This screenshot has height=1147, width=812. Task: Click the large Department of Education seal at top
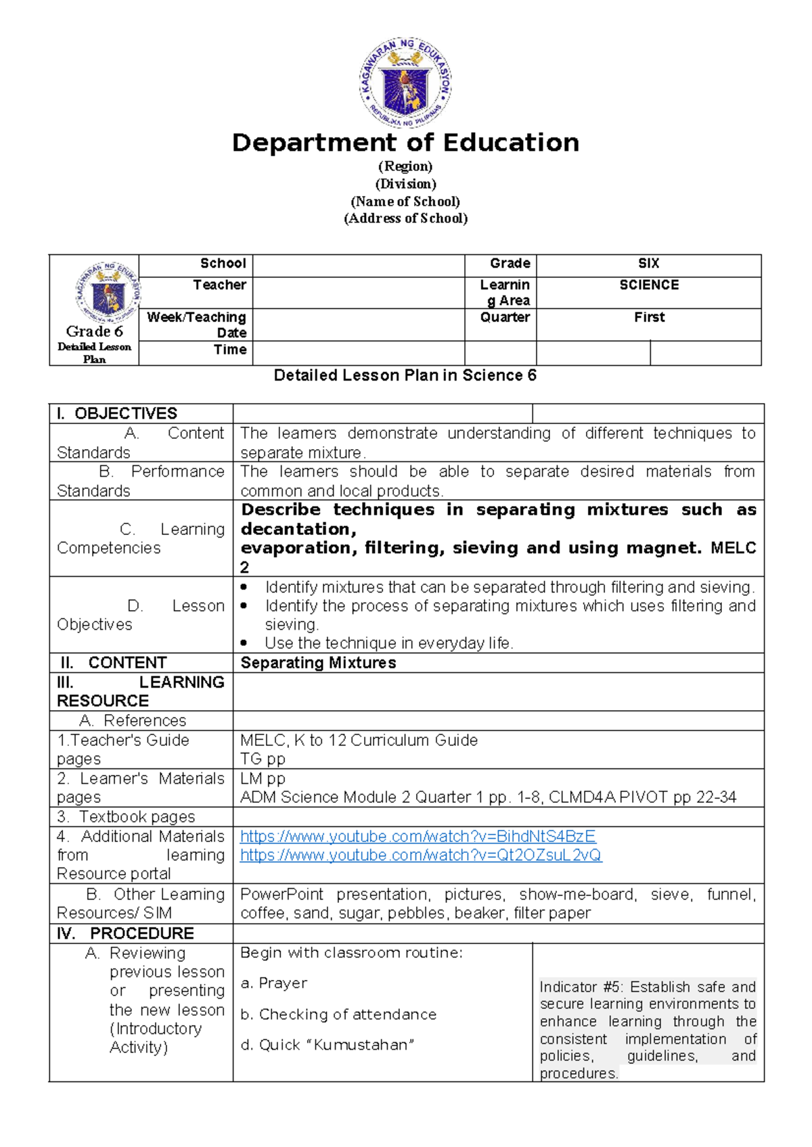pyautogui.click(x=405, y=83)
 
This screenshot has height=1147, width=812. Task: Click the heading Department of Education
pyautogui.click(x=405, y=143)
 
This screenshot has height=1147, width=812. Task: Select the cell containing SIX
pyautogui.click(x=648, y=264)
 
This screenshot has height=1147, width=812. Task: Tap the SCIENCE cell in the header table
pyautogui.click(x=648, y=285)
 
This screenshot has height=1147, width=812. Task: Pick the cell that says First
pyautogui.click(x=648, y=317)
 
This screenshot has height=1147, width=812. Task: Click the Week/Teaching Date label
pyautogui.click(x=196, y=325)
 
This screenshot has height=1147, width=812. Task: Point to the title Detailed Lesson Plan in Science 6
pyautogui.click(x=405, y=376)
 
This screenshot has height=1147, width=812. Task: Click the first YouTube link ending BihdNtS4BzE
pyautogui.click(x=418, y=837)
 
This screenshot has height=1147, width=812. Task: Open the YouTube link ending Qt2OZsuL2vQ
pyautogui.click(x=420, y=856)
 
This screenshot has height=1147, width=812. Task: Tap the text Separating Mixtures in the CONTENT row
pyautogui.click(x=318, y=663)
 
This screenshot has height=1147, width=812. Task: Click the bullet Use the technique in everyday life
pyautogui.click(x=388, y=643)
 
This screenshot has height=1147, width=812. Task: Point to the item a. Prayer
pyautogui.click(x=273, y=983)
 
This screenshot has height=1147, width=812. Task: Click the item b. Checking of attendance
pyautogui.click(x=338, y=1014)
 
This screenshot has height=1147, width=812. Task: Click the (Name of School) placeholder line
pyautogui.click(x=405, y=202)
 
